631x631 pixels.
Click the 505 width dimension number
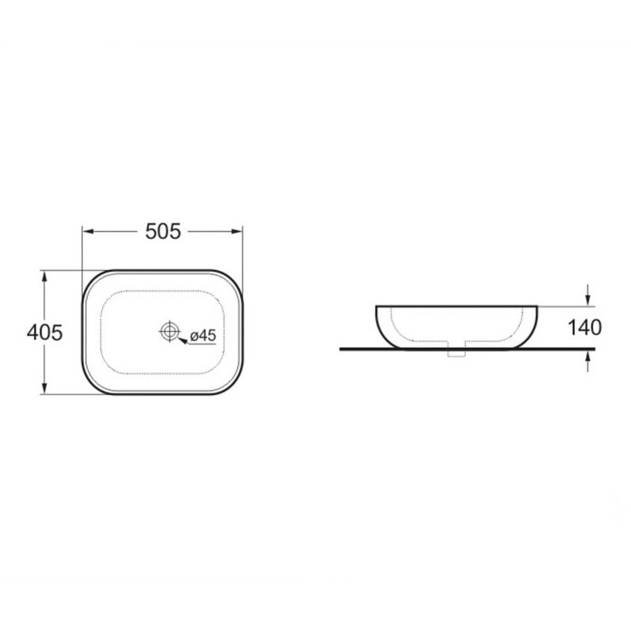[163, 231]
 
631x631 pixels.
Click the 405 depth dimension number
[45, 333]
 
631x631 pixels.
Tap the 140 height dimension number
[585, 327]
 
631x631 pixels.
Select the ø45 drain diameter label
[203, 335]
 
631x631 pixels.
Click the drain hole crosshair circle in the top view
[169, 331]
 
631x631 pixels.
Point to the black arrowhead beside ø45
[183, 341]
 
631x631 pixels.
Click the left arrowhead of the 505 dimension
[88, 231]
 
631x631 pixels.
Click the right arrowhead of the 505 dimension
[236, 231]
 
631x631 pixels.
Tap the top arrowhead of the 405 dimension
[45, 276]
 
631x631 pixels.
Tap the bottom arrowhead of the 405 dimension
[45, 388]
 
